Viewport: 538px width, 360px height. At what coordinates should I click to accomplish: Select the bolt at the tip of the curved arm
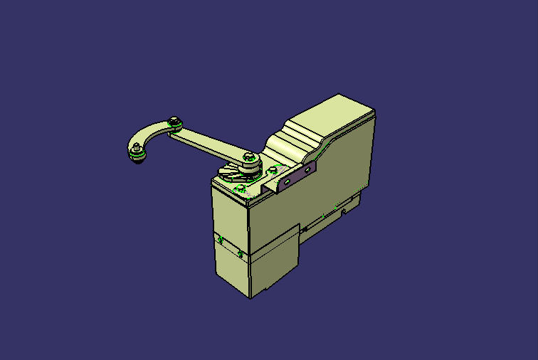(x=135, y=148)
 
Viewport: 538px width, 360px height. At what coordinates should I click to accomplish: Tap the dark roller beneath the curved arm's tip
(x=139, y=158)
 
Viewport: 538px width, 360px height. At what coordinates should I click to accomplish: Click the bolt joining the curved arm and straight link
(x=174, y=122)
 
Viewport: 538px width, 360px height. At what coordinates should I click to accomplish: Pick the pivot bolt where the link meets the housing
(x=248, y=156)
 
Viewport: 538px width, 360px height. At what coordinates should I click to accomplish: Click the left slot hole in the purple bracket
(x=287, y=181)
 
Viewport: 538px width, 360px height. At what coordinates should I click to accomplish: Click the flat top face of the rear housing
(x=334, y=113)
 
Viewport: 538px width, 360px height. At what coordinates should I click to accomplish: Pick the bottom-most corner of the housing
(x=250, y=298)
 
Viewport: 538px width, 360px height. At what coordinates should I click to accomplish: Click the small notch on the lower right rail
(x=344, y=211)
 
